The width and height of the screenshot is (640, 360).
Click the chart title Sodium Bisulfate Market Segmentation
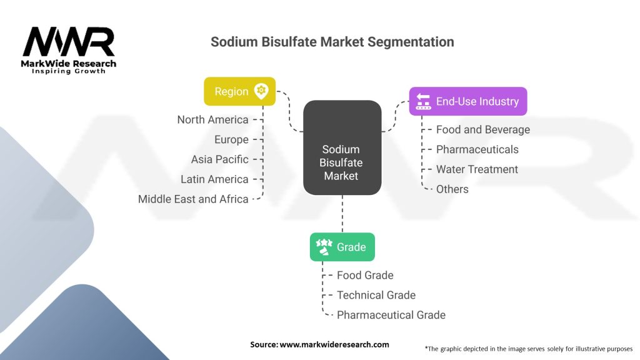(x=332, y=42)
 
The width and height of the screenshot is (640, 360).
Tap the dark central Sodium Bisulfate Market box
(x=342, y=147)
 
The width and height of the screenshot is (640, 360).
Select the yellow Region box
(x=239, y=91)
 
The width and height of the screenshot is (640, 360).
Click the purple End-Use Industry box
(x=467, y=101)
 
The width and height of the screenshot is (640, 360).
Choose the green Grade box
(x=342, y=247)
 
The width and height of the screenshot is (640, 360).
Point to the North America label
(x=212, y=119)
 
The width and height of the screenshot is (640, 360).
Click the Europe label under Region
(x=231, y=139)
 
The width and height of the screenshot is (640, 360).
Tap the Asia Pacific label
(x=219, y=159)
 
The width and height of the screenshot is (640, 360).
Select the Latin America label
(x=214, y=179)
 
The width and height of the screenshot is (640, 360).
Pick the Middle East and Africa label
(x=193, y=199)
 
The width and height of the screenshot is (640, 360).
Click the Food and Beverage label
(x=482, y=129)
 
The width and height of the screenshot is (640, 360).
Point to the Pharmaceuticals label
(x=477, y=149)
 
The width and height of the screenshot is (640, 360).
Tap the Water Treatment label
(x=477, y=169)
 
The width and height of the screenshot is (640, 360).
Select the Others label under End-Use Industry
(x=452, y=189)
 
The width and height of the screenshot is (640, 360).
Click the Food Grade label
(x=365, y=275)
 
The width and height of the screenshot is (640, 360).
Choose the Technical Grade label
(x=376, y=295)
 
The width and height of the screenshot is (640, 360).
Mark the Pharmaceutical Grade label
(x=391, y=315)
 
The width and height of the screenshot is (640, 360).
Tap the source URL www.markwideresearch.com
(x=334, y=344)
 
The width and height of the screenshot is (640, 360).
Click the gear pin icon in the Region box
(x=261, y=91)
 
